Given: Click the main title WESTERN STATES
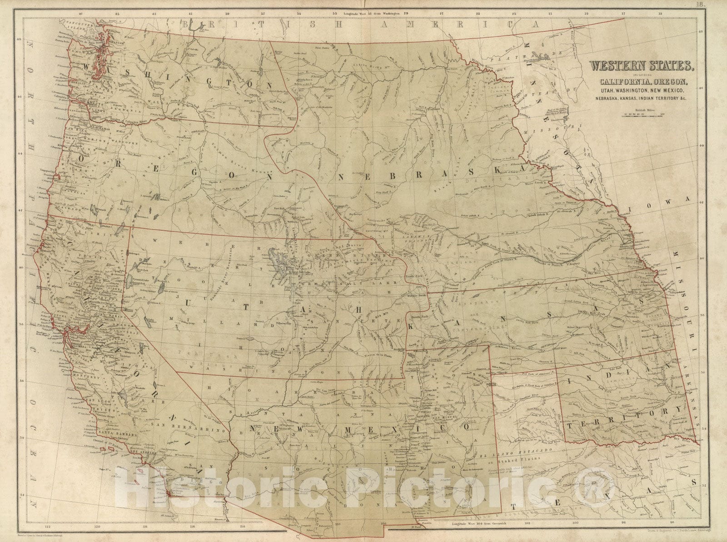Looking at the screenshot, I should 642,66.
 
